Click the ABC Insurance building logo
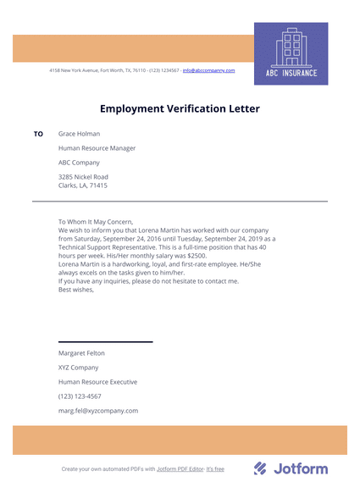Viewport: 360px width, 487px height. [x=291, y=53]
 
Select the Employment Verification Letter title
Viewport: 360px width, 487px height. [x=180, y=109]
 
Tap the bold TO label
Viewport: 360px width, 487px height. [x=38, y=134]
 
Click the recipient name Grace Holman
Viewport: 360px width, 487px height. [x=79, y=134]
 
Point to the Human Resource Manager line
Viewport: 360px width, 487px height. [x=97, y=148]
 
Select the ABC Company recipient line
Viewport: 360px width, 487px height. [x=79, y=163]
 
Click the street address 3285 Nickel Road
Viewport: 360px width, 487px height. [x=83, y=177]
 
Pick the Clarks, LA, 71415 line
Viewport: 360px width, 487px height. [x=82, y=185]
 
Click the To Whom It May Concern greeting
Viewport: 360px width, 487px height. [x=96, y=223]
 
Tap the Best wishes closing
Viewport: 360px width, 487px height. [x=76, y=290]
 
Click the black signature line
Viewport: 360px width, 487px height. [x=105, y=341]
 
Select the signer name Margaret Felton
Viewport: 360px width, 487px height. [x=81, y=353]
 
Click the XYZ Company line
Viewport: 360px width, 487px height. [x=78, y=368]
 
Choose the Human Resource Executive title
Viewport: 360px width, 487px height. [x=97, y=382]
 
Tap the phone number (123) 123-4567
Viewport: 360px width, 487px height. [x=80, y=396]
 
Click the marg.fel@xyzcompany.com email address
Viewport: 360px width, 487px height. [x=97, y=411]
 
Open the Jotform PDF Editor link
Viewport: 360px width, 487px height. [x=180, y=469]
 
